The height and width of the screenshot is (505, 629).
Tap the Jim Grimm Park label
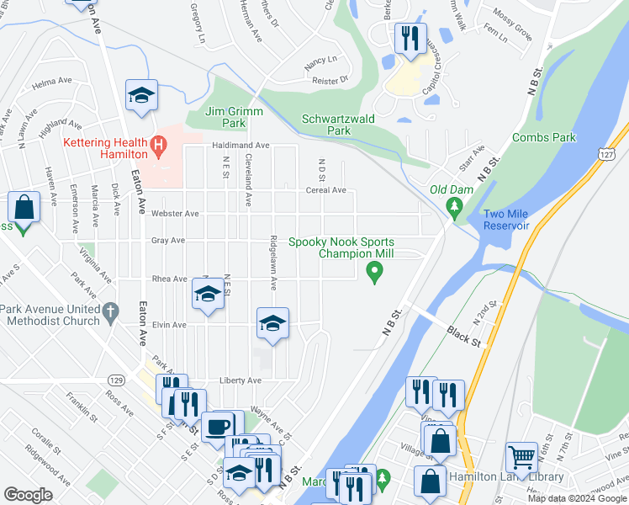point(235,117)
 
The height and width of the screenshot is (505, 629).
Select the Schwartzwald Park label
point(338,125)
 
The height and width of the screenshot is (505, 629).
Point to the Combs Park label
point(543,136)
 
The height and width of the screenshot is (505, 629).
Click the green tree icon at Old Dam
point(456,206)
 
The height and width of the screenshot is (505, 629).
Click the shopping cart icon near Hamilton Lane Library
point(521,458)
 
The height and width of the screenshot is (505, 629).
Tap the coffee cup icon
point(217,425)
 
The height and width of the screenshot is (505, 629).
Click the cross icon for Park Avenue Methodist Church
point(109,314)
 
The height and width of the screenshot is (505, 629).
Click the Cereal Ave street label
point(326,190)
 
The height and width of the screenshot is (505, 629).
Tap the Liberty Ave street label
point(240,380)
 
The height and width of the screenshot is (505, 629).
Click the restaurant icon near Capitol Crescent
point(410,37)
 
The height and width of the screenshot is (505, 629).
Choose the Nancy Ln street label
point(320,60)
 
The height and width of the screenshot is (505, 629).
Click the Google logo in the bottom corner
point(29,494)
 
